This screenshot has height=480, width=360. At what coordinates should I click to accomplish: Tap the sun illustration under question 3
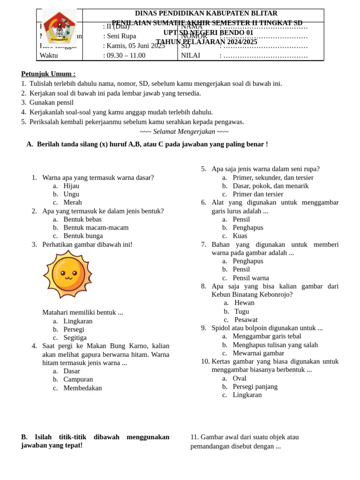point(68,274)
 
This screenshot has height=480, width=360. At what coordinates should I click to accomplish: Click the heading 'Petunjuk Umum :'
point(48,74)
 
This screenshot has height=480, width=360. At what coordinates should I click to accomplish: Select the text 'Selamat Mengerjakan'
point(184,132)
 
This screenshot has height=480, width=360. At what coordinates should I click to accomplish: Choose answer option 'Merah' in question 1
point(73,202)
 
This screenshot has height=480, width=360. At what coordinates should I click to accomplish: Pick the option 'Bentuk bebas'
point(82,219)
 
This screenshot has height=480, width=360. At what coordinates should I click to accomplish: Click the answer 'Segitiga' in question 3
point(75,337)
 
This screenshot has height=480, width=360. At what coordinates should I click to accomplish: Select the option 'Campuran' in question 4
point(78,379)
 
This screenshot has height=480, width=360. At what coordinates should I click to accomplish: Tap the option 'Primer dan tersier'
point(258,194)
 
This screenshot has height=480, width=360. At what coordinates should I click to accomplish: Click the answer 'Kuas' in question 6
point(240,236)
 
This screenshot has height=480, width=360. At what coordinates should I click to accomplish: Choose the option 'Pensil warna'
point(251,278)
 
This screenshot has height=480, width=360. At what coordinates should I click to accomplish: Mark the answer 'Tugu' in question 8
point(242,311)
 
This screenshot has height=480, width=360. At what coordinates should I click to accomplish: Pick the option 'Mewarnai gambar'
point(258,353)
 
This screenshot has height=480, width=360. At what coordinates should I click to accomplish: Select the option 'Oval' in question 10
point(240,378)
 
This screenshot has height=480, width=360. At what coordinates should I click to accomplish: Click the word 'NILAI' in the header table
point(190,55)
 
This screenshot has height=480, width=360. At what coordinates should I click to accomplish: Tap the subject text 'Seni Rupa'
point(121,36)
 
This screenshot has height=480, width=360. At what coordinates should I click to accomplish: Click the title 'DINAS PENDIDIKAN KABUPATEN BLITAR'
point(206,13)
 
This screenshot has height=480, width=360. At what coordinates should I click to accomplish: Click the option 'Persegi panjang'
point(255,387)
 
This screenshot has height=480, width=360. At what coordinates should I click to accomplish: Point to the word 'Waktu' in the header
point(49,55)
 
